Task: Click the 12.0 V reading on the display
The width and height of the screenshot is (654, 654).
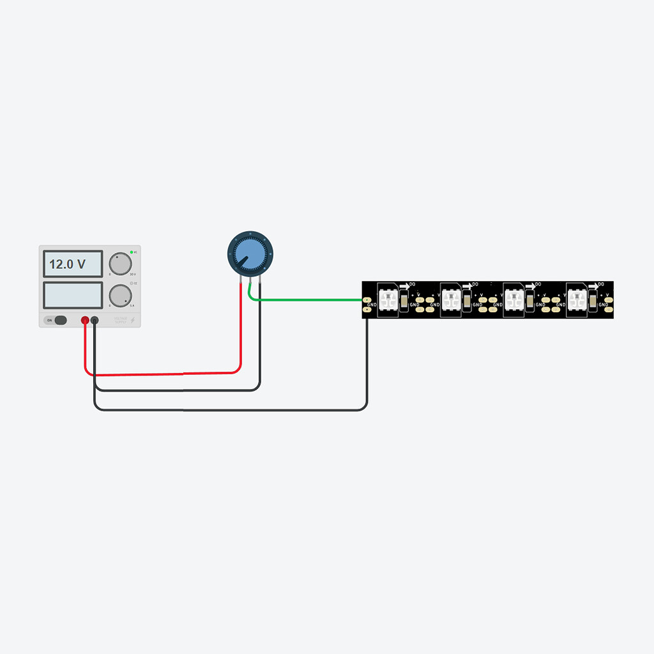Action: pyautogui.click(x=67, y=264)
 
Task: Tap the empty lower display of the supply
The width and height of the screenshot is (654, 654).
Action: pyautogui.click(x=72, y=294)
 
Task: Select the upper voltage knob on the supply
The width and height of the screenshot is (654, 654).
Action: pyautogui.click(x=119, y=262)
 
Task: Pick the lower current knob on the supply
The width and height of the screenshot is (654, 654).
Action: pyautogui.click(x=119, y=295)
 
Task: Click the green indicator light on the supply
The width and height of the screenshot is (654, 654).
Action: pyautogui.click(x=132, y=252)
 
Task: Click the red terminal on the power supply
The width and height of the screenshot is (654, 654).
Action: pyautogui.click(x=85, y=320)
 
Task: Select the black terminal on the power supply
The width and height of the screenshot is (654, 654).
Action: pyautogui.click(x=95, y=320)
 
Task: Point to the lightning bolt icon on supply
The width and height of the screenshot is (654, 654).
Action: pyautogui.click(x=133, y=320)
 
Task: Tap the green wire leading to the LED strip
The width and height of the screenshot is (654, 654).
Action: pyautogui.click(x=307, y=300)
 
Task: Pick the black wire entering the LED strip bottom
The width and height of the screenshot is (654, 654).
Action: pyautogui.click(x=367, y=358)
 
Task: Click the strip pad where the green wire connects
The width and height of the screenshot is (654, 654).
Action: pyautogui.click(x=366, y=300)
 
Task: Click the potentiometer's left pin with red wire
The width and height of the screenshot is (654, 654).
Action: pyautogui.click(x=241, y=281)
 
